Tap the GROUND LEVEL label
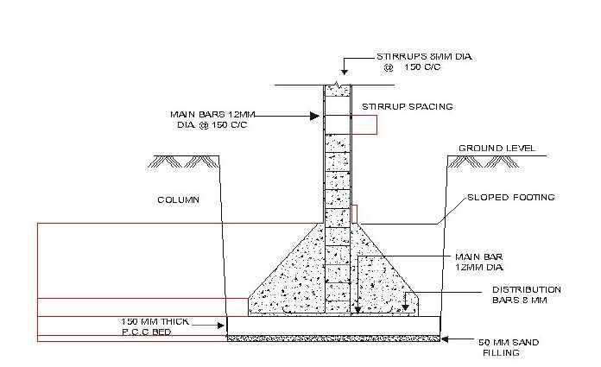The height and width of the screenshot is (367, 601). pyautogui.click(x=497, y=149)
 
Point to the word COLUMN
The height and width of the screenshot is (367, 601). pyautogui.click(x=178, y=199)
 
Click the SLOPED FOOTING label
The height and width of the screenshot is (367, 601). pyautogui.click(x=510, y=198)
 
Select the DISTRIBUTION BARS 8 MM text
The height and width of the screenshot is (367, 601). pyautogui.click(x=526, y=294)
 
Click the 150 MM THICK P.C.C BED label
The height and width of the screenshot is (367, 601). pyautogui.click(x=155, y=326)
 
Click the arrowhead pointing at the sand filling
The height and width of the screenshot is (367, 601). pyautogui.click(x=445, y=339)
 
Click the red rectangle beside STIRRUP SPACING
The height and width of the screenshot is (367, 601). pyautogui.click(x=363, y=125)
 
